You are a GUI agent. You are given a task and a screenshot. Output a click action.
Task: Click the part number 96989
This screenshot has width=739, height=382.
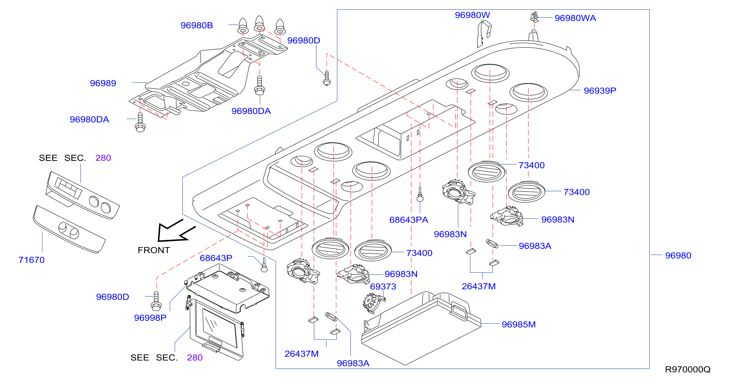click(103, 83)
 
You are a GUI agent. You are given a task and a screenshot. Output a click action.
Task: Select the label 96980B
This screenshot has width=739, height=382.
click(197, 25)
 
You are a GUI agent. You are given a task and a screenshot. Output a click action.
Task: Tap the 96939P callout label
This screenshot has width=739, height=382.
click(600, 91)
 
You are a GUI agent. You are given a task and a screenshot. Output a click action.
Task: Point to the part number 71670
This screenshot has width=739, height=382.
click(32, 260)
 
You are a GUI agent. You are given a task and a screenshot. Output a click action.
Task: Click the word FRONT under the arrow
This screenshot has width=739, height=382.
click(154, 250)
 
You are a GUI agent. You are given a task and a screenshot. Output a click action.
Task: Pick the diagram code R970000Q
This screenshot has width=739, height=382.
click(688, 369)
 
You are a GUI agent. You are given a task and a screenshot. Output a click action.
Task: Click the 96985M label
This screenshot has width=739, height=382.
click(519, 324)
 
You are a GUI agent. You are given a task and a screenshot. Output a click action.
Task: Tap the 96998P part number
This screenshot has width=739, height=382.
click(150, 318)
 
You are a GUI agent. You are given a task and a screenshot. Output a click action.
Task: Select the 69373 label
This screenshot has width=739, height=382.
click(383, 286)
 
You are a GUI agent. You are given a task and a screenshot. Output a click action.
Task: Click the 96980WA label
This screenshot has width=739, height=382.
click(575, 18)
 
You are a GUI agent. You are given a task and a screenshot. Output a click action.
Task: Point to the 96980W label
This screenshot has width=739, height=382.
click(472, 15)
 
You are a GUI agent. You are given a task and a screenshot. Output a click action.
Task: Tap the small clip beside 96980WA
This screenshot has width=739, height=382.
click(534, 17)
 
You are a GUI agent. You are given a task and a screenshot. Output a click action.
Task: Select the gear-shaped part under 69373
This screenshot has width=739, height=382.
click(373, 303)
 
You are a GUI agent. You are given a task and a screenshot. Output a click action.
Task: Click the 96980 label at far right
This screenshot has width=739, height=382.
click(678, 255)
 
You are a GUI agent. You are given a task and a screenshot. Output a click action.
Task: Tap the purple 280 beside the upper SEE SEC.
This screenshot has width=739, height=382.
click(103, 158)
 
